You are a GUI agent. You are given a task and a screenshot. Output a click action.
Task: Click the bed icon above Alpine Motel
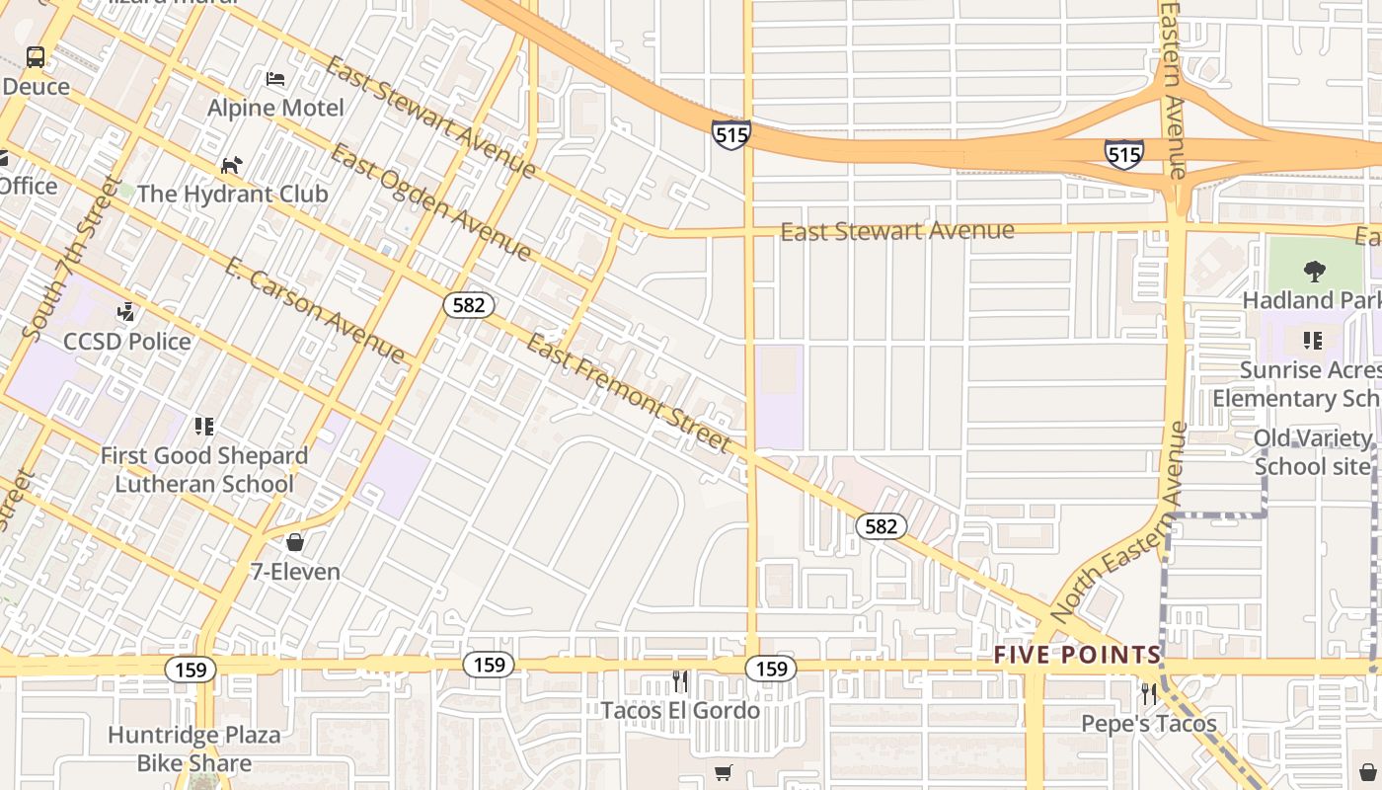276,79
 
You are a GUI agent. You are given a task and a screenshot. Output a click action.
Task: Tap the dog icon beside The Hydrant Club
231,165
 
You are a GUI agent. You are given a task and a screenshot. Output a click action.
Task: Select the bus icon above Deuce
36,57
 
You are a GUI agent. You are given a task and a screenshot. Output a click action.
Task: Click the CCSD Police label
126,342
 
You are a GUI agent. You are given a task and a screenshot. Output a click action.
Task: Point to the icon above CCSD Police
126,313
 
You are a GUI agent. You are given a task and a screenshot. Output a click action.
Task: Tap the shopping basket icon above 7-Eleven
294,542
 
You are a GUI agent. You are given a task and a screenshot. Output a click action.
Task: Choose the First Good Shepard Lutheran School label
204,470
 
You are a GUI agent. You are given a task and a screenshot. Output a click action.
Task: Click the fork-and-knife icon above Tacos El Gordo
680,681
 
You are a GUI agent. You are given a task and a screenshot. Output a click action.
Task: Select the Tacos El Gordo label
680,710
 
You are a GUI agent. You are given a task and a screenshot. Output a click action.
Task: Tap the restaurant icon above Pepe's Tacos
1148,694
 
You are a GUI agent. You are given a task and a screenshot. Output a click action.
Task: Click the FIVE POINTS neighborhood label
1077,655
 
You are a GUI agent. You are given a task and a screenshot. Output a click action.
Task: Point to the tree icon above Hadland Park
1314,271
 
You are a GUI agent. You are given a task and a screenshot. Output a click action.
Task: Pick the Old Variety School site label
1312,451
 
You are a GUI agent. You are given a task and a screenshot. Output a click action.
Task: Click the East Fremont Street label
629,393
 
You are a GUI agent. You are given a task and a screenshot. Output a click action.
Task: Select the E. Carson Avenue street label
314,310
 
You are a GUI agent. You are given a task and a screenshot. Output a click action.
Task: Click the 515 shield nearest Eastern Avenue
1123,154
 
